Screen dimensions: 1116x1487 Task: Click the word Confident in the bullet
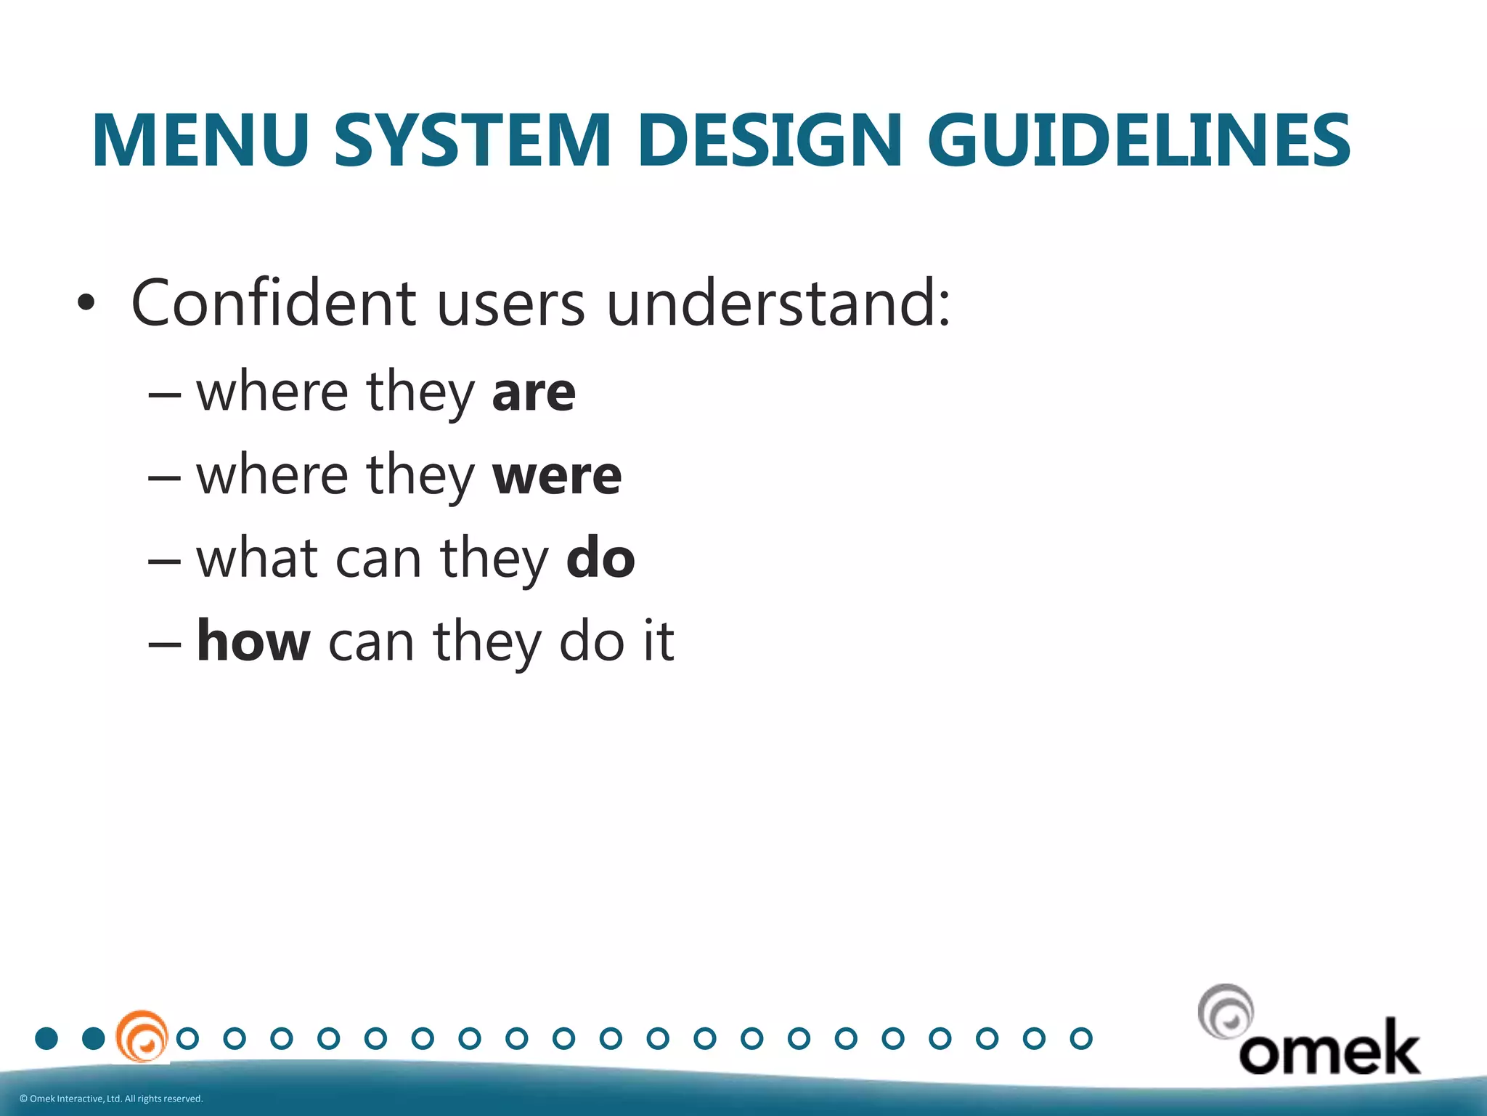(274, 304)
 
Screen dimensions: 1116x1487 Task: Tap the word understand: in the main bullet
(778, 304)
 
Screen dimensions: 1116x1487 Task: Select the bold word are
(534, 393)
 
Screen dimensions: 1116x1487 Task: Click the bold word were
(557, 477)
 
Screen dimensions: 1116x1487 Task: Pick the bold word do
(600, 559)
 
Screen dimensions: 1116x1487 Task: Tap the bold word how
(253, 642)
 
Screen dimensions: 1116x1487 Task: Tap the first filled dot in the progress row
(46, 1038)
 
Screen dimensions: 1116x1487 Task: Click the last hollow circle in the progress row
(1081, 1038)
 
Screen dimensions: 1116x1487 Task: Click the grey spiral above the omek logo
(1226, 1011)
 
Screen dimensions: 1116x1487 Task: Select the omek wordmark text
(1329, 1048)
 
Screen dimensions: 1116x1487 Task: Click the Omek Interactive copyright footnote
(111, 1099)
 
